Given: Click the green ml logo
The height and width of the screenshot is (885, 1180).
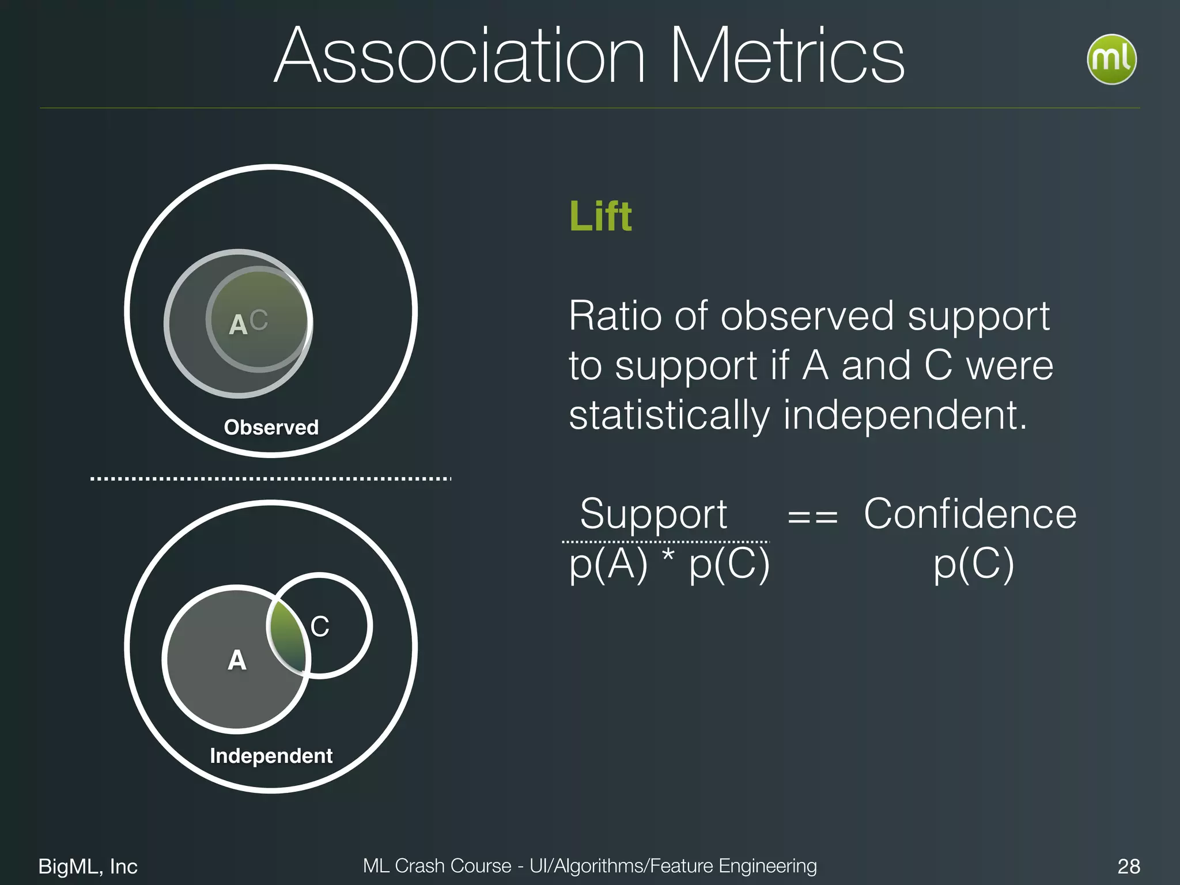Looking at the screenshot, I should (1111, 59).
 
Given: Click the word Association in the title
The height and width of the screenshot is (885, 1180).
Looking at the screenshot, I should (459, 56).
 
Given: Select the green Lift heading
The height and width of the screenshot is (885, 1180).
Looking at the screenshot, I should (600, 216).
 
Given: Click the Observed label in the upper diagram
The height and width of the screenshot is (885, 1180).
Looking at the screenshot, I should (271, 427).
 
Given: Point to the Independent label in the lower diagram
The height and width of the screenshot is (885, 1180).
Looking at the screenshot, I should (271, 755).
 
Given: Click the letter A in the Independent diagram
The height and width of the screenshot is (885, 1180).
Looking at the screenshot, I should (237, 660).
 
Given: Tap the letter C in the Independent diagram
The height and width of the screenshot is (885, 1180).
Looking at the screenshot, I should (320, 626).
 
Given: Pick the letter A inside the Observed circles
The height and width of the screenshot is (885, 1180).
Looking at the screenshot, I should (237, 324).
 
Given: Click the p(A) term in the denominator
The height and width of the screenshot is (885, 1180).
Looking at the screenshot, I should (608, 565).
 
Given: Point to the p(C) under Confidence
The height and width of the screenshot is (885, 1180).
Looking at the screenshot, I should (974, 565).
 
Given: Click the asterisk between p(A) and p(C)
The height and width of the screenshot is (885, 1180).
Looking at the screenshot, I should (668, 557).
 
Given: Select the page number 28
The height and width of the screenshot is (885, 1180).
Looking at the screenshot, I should (1128, 866).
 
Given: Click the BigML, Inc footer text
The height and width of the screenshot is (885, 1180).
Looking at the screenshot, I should (88, 866).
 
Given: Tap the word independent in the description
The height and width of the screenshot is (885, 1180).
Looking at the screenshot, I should (905, 415).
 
